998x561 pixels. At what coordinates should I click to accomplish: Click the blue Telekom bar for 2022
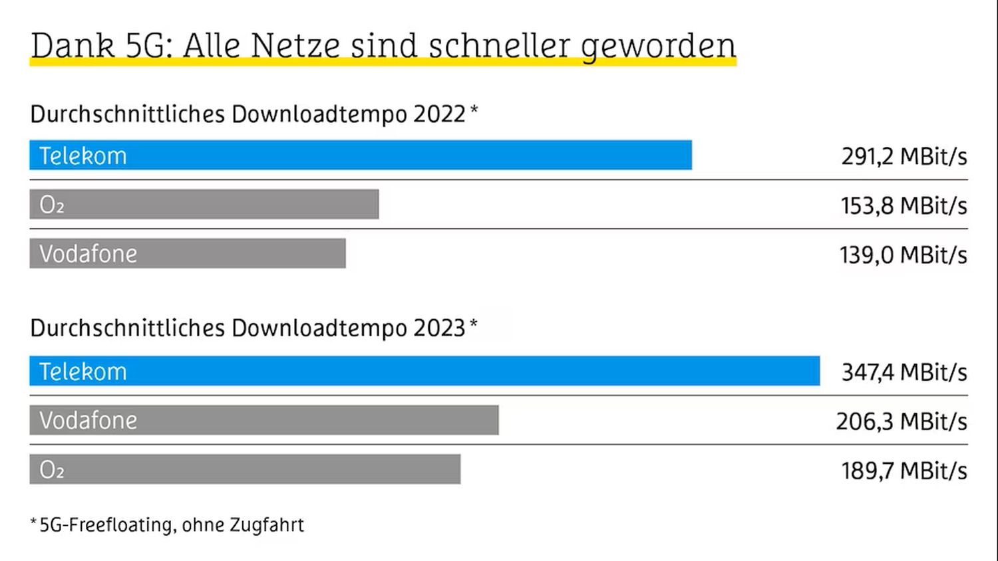tap(361, 155)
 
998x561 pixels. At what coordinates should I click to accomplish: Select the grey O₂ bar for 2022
tap(204, 204)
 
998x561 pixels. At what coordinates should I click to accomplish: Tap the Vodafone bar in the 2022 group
tap(188, 253)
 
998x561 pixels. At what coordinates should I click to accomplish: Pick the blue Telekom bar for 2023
tap(424, 371)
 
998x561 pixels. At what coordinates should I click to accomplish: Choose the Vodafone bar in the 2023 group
tap(264, 420)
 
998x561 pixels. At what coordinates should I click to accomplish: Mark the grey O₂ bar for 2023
tap(245, 469)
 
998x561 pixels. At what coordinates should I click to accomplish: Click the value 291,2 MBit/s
tap(904, 156)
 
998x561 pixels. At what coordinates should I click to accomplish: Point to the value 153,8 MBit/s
tap(904, 205)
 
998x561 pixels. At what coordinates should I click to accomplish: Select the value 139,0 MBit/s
tap(904, 255)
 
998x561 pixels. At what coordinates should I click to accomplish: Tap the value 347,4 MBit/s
tap(904, 372)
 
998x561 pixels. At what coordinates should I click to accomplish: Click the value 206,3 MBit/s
tap(902, 421)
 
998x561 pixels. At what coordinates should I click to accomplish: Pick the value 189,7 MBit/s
tap(904, 471)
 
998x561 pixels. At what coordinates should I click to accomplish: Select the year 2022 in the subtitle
tap(439, 114)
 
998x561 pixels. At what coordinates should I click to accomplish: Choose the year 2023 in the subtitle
tap(439, 328)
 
